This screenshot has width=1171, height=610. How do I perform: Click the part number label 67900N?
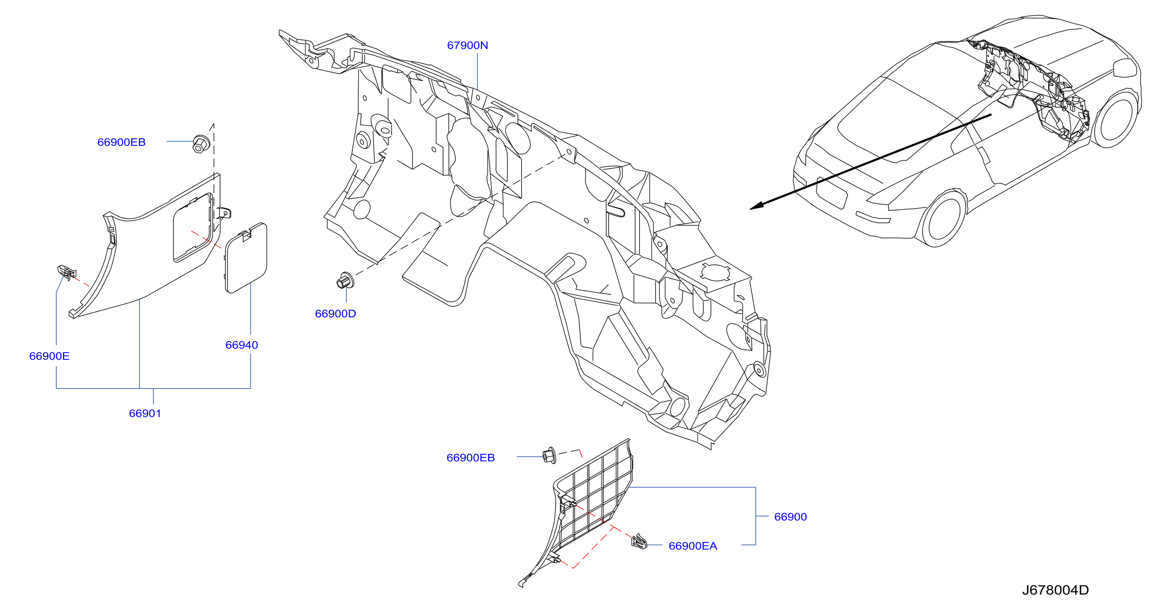point(467,45)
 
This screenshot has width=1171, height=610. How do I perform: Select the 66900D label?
point(336,314)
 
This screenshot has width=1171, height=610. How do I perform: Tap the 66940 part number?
point(241,345)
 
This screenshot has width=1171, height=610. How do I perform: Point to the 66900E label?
point(49,356)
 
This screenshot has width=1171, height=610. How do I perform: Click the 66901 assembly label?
point(145,414)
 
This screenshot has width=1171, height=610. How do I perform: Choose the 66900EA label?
point(693,546)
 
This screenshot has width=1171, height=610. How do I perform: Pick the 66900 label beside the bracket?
point(791,517)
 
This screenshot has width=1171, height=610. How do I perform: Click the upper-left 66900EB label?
point(121,142)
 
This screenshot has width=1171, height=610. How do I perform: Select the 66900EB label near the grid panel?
point(471,458)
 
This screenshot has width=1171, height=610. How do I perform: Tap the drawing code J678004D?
point(1055,590)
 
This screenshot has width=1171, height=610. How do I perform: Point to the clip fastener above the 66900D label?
point(345,281)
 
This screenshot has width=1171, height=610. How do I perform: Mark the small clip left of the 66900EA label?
point(639,541)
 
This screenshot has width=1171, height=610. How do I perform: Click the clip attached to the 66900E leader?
point(66,272)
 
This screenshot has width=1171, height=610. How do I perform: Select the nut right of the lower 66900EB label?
point(550,455)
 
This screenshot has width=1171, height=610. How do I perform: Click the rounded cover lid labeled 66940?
point(246,258)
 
